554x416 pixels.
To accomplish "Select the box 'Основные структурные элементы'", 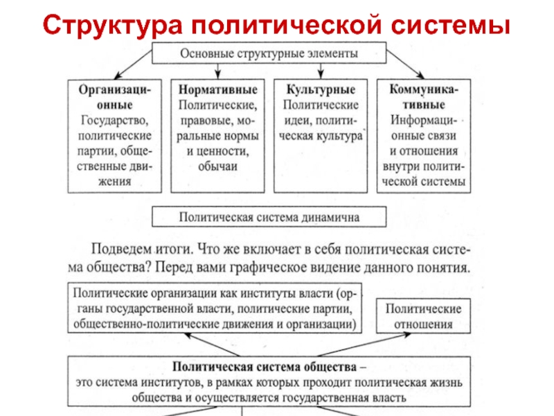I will [269, 53].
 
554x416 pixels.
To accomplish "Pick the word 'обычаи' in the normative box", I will [217, 167].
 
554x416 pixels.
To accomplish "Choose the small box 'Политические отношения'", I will [419, 315].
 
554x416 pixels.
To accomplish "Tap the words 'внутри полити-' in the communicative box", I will [423, 167].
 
